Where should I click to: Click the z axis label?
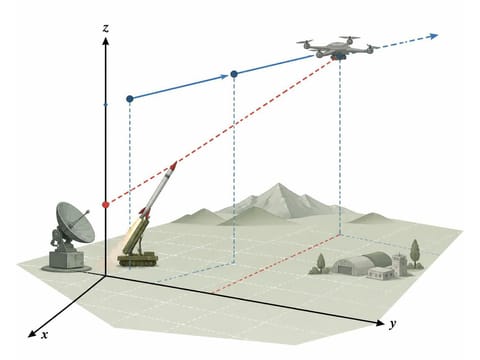point(106,28)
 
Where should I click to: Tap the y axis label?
point(393,323)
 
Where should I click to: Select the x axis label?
point(45,334)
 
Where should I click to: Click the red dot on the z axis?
point(106,204)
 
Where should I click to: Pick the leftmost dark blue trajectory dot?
point(130,99)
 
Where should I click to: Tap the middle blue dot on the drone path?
point(234,74)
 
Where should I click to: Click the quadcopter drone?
point(338,48)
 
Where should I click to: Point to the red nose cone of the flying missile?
point(173,165)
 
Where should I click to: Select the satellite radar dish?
point(74,222)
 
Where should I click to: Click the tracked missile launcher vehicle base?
point(137,259)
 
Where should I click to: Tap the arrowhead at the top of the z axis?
point(106,41)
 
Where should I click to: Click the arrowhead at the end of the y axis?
point(380,323)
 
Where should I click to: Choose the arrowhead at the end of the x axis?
point(32,334)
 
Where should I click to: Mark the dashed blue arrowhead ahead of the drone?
point(433,36)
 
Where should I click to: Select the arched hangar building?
point(362,263)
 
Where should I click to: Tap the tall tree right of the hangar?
point(415,253)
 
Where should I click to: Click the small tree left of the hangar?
point(321,263)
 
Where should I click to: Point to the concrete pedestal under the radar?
point(67,260)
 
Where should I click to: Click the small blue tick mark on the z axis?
point(106,105)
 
